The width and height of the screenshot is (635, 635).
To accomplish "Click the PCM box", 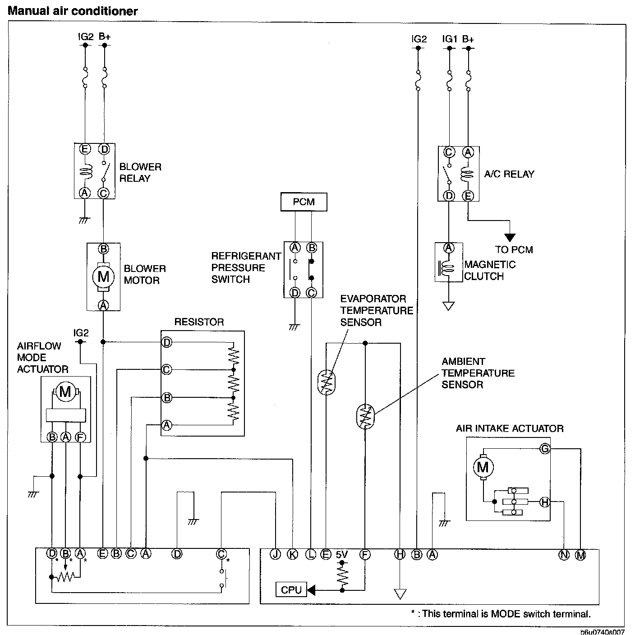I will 304,202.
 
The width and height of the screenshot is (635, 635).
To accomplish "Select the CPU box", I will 291,589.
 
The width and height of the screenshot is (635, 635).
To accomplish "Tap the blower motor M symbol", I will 103,276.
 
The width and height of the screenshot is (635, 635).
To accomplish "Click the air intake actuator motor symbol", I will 483,467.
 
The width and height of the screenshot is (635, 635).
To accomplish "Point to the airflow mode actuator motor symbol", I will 65,391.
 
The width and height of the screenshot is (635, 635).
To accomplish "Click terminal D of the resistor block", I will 167,342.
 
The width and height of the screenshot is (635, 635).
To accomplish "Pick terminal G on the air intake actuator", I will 545,449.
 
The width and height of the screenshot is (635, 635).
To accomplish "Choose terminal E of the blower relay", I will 84,149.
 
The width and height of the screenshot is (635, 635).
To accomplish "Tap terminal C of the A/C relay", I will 449,152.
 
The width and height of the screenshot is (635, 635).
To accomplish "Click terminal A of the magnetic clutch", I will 449,248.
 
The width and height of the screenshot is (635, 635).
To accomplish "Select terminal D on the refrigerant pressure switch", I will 295,293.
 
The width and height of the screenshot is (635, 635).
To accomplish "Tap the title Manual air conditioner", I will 73,11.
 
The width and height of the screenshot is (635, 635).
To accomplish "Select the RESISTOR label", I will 199,322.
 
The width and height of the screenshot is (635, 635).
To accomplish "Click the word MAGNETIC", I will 490,265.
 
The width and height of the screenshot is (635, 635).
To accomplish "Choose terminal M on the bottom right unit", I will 580,555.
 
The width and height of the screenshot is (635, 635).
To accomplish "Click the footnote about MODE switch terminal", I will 501,613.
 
